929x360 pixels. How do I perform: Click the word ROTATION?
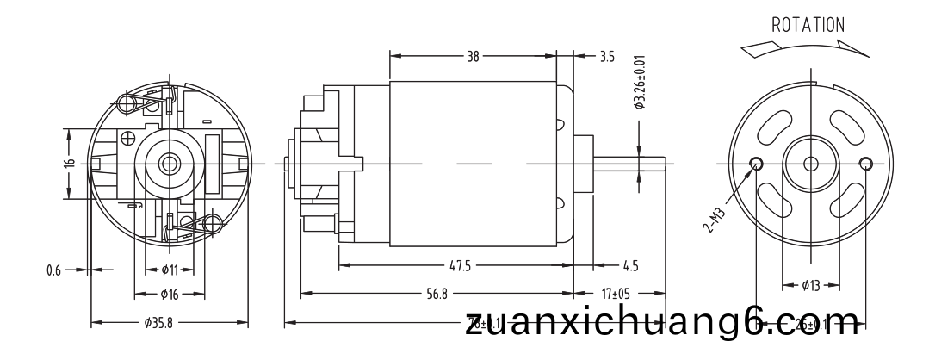pyautogui.click(x=808, y=24)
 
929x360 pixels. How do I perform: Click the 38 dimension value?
pyautogui.click(x=473, y=57)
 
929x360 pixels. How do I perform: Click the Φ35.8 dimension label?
pyautogui.click(x=163, y=324)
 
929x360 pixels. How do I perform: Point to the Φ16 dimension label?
pyautogui.click(x=168, y=295)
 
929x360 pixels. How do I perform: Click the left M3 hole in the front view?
pyautogui.click(x=756, y=163)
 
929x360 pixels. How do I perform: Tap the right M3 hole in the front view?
pyautogui.click(x=865, y=163)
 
